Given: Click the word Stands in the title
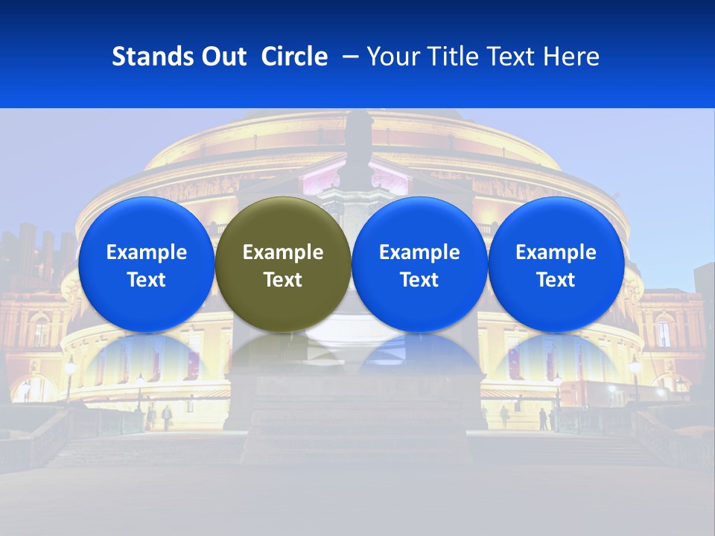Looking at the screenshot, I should pos(147,57).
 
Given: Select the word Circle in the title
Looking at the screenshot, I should pos(294,57).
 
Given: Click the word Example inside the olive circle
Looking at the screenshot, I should pos(283,253).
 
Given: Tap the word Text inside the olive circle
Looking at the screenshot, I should pos(283,280).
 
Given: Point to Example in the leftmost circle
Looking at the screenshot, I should pos(146,253).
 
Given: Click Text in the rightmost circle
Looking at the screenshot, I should pos(556,280).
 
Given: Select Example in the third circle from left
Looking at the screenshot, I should pos(419,253).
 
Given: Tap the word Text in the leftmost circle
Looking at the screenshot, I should pos(146,280).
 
